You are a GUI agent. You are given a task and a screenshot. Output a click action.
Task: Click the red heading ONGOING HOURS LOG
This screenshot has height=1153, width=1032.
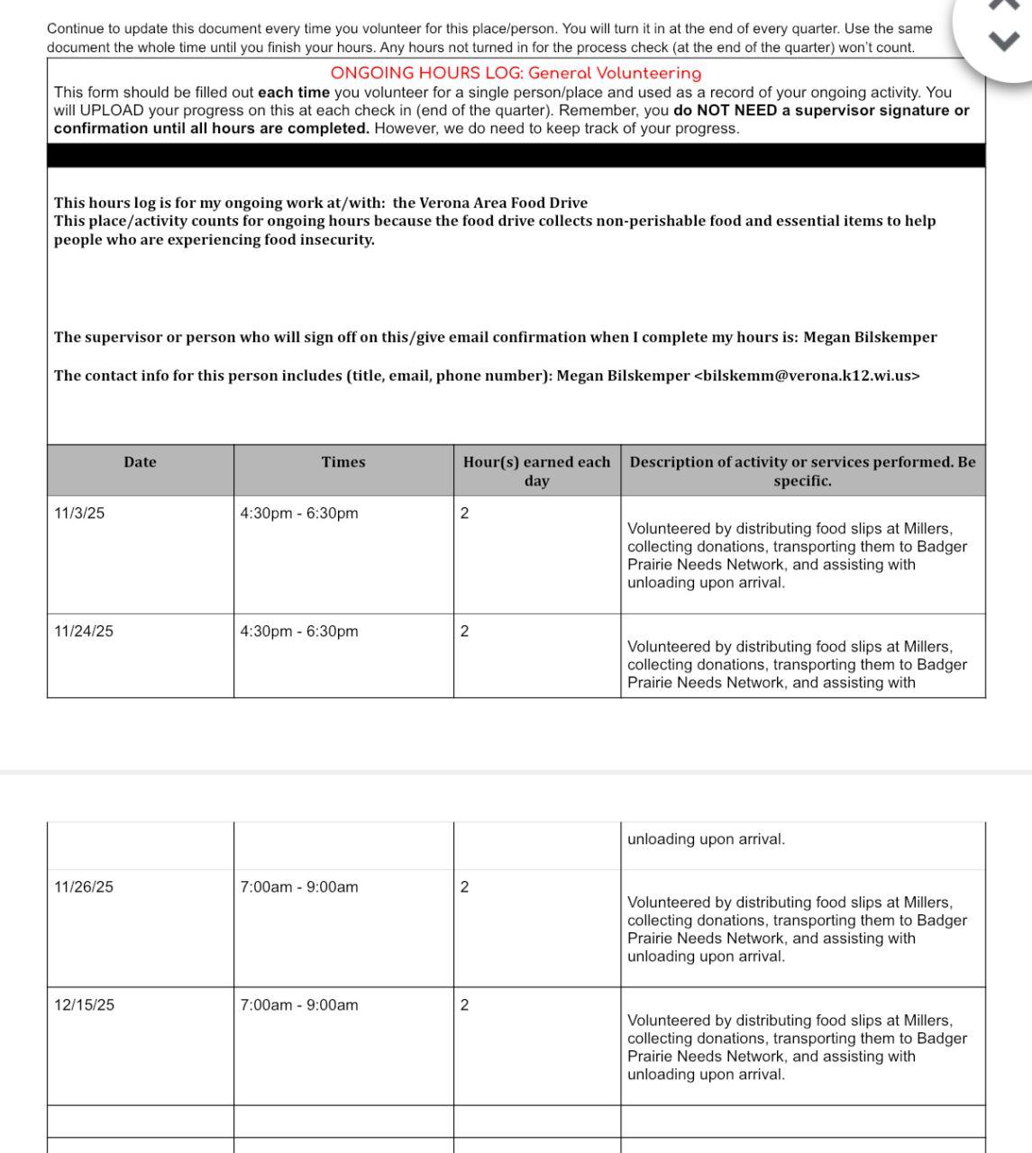(516, 73)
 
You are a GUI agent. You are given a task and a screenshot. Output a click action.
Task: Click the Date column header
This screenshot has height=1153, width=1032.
(140, 462)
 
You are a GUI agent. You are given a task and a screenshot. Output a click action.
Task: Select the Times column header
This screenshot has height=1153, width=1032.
(343, 462)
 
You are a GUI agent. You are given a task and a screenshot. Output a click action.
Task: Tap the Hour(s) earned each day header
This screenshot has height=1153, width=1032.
(536, 471)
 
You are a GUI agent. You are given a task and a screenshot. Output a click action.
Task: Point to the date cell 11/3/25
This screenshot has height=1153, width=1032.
(79, 513)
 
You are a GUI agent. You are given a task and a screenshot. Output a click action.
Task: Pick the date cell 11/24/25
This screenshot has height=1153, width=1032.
(84, 631)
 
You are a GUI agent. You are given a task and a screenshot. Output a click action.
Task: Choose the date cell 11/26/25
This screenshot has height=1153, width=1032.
(84, 887)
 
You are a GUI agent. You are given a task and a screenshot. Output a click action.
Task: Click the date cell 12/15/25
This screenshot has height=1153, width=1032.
(84, 1005)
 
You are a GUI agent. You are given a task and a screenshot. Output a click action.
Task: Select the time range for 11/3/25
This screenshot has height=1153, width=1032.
(299, 513)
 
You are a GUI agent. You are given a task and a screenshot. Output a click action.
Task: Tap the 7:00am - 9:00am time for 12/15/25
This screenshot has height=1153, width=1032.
(299, 1005)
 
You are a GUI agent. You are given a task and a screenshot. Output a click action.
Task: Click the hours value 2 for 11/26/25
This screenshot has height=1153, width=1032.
(464, 887)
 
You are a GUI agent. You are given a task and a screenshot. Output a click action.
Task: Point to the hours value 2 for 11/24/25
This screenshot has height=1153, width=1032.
(464, 631)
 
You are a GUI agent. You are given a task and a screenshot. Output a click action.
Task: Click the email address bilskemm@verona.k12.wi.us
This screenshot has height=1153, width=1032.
(807, 376)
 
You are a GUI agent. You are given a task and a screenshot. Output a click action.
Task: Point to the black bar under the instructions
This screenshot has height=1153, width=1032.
(516, 155)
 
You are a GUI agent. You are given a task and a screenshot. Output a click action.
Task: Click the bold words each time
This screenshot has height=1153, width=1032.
(294, 92)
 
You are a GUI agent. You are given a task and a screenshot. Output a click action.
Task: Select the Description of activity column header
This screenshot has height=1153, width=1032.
(802, 471)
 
